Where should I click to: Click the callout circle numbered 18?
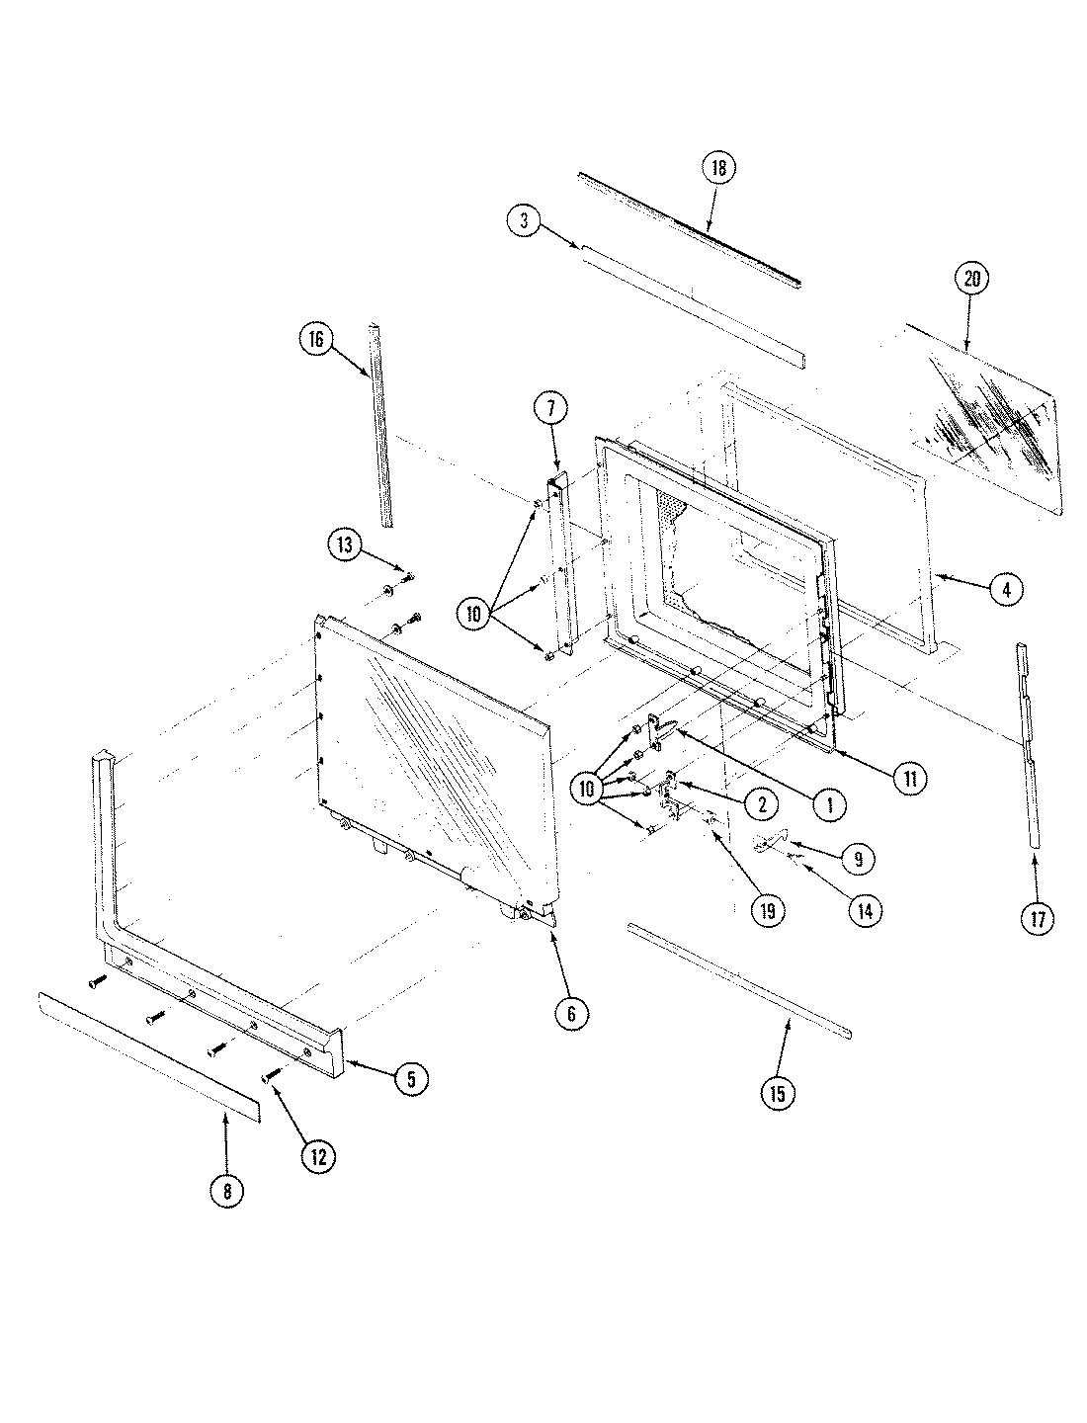[x=718, y=168]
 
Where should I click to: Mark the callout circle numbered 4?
[x=1006, y=590]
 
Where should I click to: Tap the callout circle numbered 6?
[x=572, y=1013]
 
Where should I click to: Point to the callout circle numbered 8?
[x=226, y=1191]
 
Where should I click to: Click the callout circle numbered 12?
[x=318, y=1156]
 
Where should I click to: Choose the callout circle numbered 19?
[x=767, y=911]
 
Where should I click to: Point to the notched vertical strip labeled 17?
[x=1028, y=741]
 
